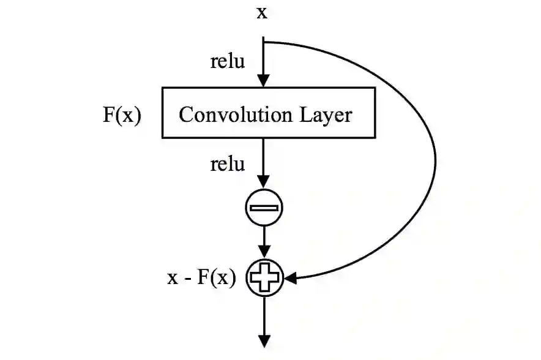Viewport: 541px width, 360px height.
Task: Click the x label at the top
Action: (x=262, y=12)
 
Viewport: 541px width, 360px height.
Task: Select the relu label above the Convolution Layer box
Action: (x=227, y=62)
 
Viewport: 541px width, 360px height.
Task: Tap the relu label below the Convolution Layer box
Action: (x=227, y=164)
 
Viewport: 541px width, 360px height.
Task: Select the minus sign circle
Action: (x=264, y=208)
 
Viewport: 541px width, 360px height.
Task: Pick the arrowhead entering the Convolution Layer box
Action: (x=264, y=80)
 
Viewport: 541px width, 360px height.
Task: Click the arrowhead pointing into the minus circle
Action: (x=264, y=182)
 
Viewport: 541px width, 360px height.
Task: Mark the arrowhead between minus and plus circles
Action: (x=264, y=251)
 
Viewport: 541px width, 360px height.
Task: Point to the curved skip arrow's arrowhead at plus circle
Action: (x=290, y=279)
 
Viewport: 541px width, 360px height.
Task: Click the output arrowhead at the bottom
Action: (x=264, y=340)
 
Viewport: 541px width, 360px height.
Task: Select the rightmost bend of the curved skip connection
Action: (x=435, y=162)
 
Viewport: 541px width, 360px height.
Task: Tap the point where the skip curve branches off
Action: (x=264, y=42)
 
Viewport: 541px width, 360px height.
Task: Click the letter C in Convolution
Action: (x=185, y=114)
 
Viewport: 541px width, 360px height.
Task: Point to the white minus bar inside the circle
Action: (x=264, y=208)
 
